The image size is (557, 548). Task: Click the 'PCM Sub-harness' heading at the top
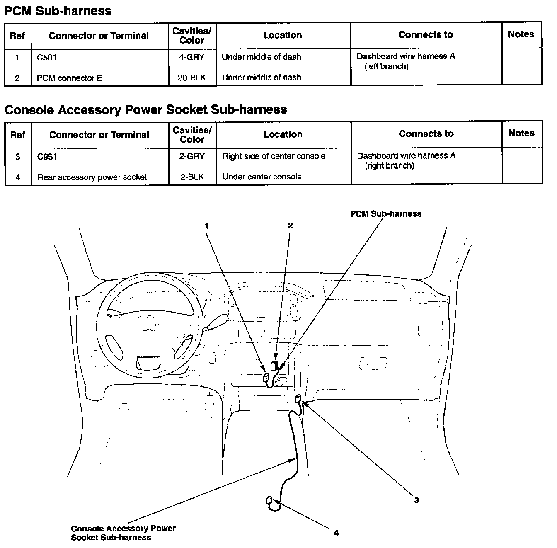point(58,11)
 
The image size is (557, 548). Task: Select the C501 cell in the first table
point(46,58)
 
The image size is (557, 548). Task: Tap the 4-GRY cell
point(191,57)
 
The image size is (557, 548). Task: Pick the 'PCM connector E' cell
point(69,78)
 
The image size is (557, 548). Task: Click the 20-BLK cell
point(191,78)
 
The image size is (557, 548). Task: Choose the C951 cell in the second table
point(47,157)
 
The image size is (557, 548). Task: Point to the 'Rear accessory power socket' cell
point(92,177)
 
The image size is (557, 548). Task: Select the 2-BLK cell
point(192,177)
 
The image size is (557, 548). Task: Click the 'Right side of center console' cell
point(274,156)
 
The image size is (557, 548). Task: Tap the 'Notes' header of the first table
point(521,34)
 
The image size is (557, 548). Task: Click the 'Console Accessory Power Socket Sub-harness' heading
point(145,110)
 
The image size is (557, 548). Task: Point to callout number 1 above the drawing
point(206,226)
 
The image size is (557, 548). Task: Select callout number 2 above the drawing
point(290,226)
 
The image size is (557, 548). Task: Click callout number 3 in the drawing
point(416,500)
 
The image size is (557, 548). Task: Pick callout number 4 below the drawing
point(336,533)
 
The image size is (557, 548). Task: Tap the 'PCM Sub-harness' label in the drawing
point(385,214)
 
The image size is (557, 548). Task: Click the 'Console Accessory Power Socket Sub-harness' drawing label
point(123,533)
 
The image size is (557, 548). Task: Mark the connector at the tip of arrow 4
point(269,500)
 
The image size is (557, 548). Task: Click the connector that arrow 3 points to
point(298,399)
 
